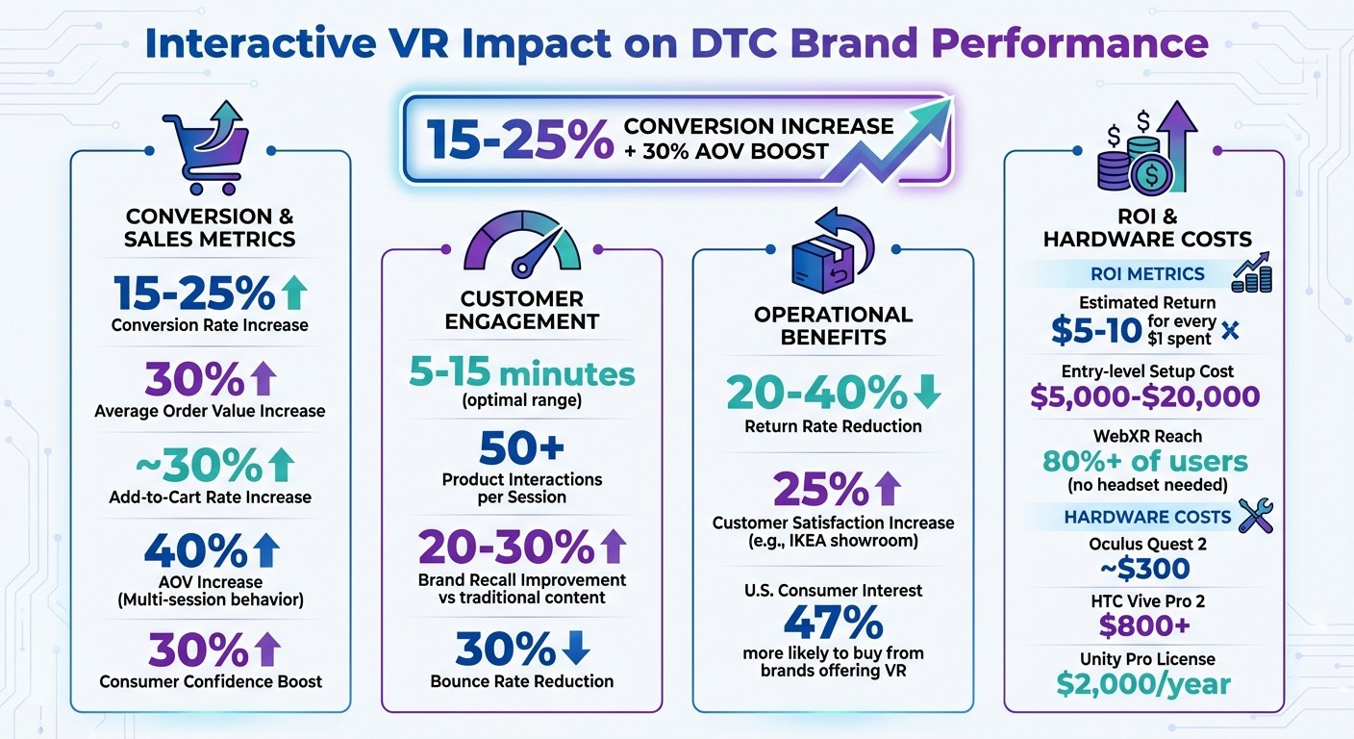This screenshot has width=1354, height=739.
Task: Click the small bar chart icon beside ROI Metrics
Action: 1251,273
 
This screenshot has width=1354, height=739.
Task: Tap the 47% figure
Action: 833,624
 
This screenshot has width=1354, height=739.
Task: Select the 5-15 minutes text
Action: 521,373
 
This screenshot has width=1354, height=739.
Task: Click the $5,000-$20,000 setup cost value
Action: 1144,396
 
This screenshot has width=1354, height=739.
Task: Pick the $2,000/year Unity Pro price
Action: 1143,684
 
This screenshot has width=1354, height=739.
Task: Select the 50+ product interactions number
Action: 521,447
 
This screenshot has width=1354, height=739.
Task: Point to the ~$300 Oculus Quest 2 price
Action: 1143,569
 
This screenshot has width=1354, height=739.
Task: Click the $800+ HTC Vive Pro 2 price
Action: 1143,626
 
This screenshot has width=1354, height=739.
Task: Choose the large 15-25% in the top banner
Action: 519,140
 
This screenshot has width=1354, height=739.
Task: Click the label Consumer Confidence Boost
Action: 211,681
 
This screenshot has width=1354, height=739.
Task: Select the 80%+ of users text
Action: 1144,461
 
